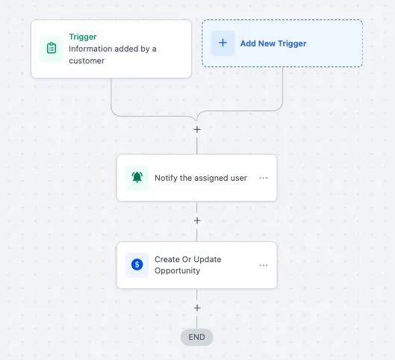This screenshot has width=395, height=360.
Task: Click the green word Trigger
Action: click(83, 37)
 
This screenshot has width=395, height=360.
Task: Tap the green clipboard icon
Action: click(52, 48)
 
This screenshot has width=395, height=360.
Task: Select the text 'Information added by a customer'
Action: click(113, 55)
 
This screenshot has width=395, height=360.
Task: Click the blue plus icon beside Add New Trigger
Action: click(223, 43)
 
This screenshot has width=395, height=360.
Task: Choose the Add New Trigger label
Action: click(273, 43)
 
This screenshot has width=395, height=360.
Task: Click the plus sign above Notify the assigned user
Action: click(197, 130)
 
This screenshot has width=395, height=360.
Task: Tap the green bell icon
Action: click(137, 177)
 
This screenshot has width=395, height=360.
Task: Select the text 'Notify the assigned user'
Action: click(201, 178)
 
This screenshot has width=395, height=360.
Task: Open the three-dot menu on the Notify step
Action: click(264, 178)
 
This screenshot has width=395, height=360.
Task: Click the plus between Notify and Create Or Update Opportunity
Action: click(197, 220)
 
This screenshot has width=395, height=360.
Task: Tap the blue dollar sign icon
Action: click(137, 264)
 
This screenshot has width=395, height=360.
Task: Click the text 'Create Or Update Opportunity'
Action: click(188, 265)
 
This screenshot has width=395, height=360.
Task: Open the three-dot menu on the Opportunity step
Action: click(264, 266)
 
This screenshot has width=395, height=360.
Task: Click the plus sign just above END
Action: click(197, 308)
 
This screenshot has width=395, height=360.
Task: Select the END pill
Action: click(196, 337)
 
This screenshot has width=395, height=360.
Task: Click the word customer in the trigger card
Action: click(87, 60)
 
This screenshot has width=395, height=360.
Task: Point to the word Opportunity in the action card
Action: click(178, 271)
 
